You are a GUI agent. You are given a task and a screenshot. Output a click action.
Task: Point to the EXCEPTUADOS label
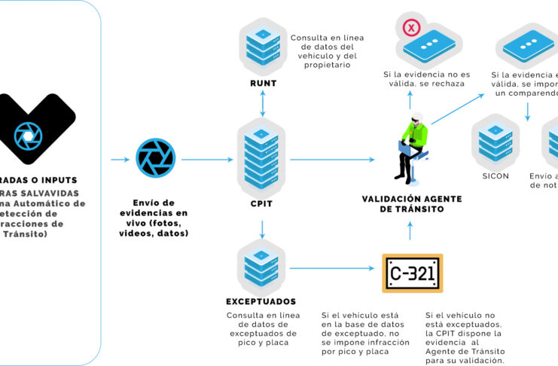coord(261,302)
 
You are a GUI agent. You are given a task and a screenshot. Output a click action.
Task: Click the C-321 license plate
coord(411,273)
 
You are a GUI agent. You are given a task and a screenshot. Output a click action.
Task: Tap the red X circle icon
coord(411,29)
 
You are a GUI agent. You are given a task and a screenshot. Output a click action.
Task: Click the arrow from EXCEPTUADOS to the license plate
coord(331,268)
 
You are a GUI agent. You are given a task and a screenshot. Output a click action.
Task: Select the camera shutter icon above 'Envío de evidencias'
coord(155,159)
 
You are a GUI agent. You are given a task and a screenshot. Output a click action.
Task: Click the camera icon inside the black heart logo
coord(29,136)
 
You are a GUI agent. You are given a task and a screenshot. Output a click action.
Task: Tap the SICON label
coord(495,176)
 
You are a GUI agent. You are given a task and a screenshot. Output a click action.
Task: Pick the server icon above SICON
coord(495,143)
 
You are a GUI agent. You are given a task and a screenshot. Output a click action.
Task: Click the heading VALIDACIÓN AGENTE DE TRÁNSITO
coord(410,204)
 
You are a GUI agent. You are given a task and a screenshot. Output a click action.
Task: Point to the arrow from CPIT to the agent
coord(331,160)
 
